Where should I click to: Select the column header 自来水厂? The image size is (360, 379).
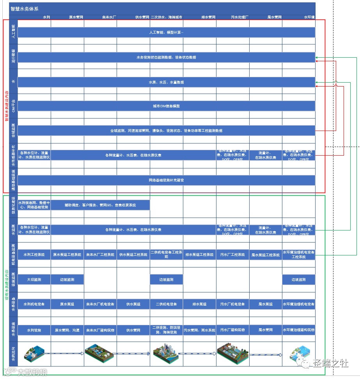click(109, 17)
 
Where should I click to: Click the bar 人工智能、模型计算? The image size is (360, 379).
click(166, 32)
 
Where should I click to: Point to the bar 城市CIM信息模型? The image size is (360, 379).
click(166, 106)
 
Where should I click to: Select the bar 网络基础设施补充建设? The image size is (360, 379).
click(166, 180)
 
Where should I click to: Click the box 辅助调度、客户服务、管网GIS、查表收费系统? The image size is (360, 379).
click(100, 205)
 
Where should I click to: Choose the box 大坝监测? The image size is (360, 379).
click(34, 280)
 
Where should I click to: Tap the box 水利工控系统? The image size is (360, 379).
click(34, 255)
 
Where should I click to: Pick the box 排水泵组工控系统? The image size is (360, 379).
click(199, 255)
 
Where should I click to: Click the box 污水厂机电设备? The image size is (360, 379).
click(233, 304)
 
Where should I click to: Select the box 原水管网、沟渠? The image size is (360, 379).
click(67, 330)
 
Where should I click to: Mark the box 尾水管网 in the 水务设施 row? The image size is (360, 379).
click(266, 330)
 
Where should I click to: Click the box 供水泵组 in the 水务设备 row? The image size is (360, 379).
click(133, 304)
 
